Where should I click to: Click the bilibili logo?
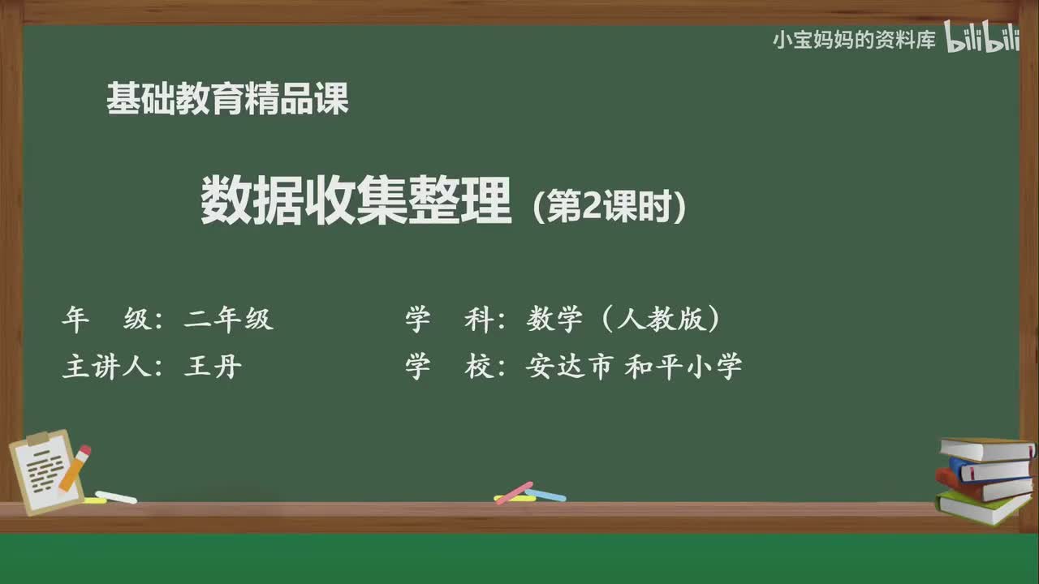(x=982, y=39)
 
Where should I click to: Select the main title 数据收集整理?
(x=356, y=202)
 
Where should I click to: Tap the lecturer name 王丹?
(x=213, y=367)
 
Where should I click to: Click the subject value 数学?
(x=554, y=320)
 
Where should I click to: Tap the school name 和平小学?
(x=683, y=367)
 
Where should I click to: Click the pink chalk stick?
(x=514, y=492)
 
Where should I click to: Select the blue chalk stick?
(x=546, y=494)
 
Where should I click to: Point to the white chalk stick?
(x=116, y=496)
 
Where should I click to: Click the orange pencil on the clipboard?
(x=75, y=468)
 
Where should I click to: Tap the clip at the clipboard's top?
(x=37, y=439)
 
